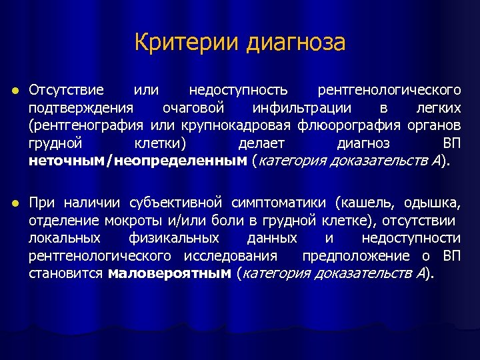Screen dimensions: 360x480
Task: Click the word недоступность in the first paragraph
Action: pos(239,89)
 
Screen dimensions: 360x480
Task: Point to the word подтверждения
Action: pos(80,107)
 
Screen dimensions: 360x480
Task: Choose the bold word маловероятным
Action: pos(169,274)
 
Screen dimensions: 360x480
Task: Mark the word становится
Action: pos(65,274)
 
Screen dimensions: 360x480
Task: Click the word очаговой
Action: pos(193,107)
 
